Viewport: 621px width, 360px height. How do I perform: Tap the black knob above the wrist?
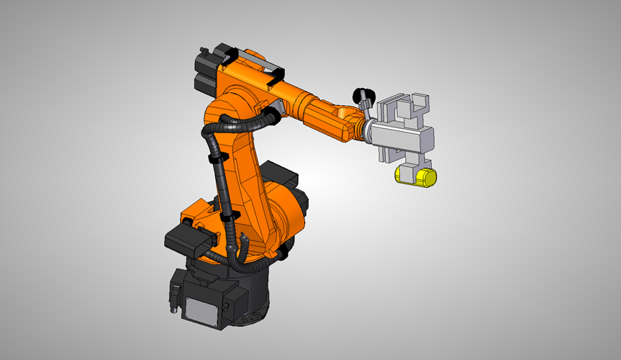click(363, 94)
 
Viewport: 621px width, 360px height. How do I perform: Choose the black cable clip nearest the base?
click(230, 217)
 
